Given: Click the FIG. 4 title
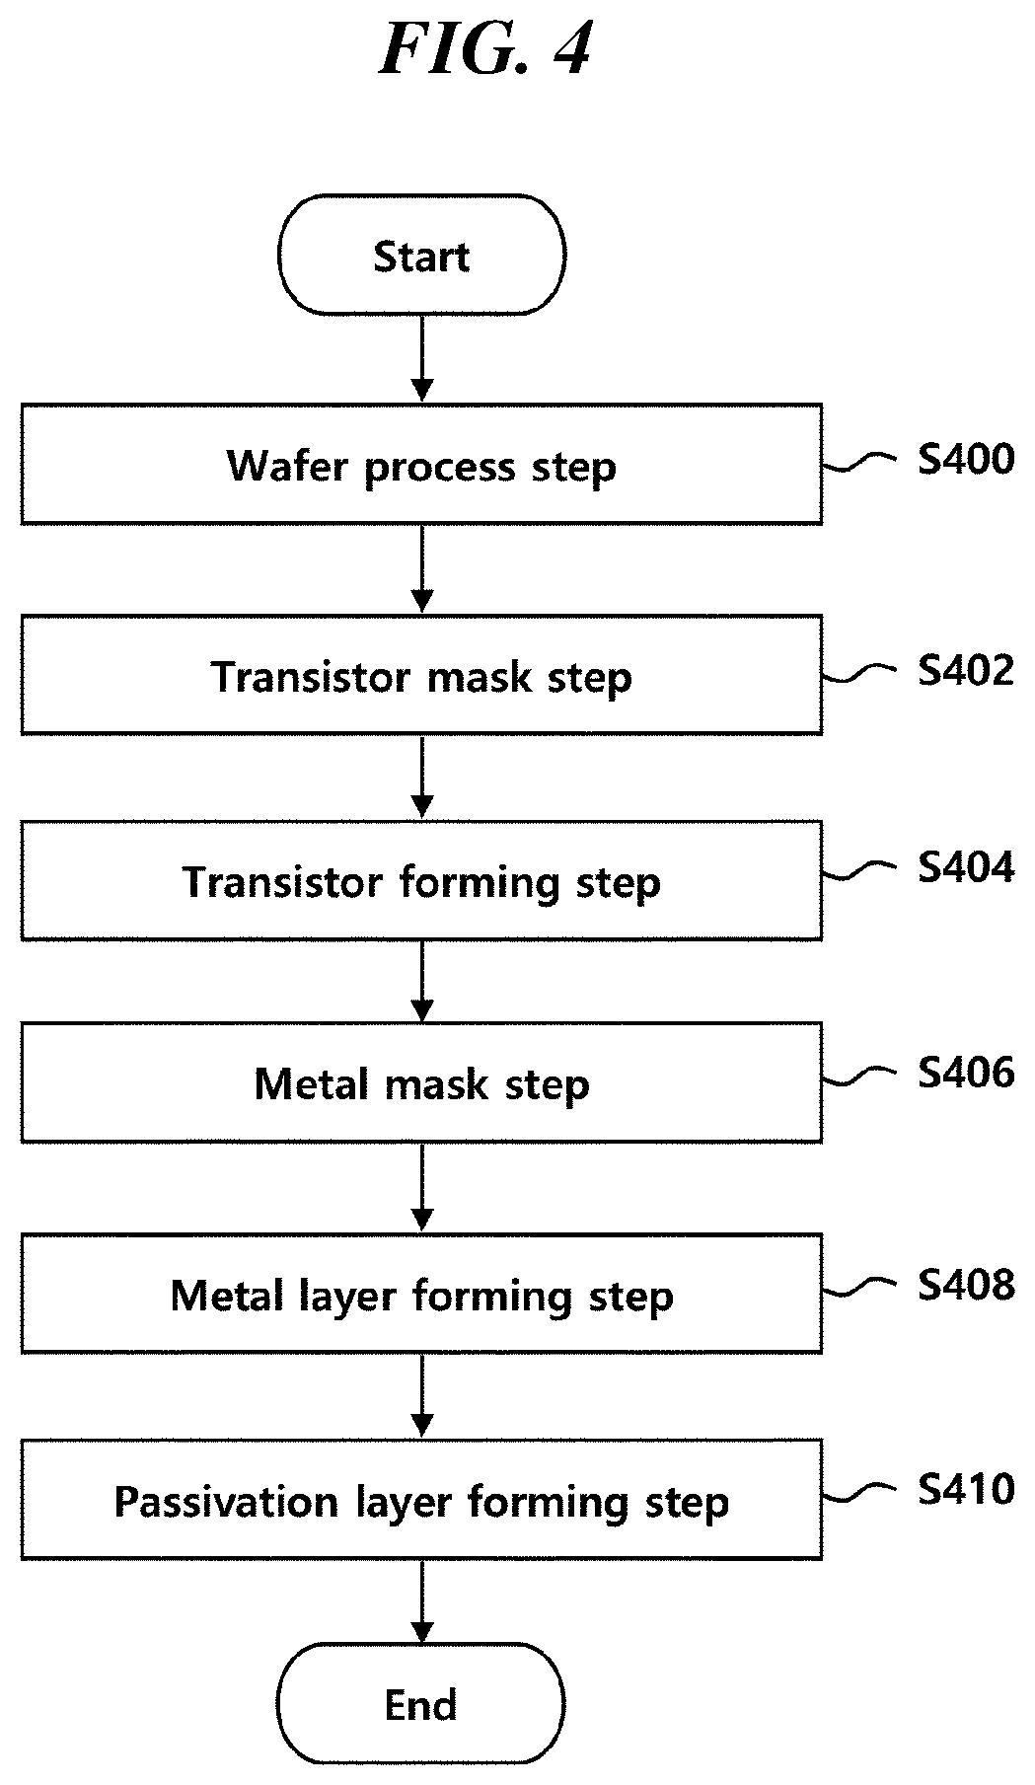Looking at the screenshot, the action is [484, 50].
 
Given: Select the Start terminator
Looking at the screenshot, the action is [421, 255].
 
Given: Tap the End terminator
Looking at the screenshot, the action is [421, 1704].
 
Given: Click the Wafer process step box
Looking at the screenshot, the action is [421, 464].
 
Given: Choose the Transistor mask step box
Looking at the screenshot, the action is [421, 675].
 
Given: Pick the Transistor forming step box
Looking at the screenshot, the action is [421, 880].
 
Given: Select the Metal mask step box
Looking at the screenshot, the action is [421, 1082].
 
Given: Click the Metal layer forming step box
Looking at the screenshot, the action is [421, 1293].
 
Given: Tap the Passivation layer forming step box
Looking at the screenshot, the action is [421, 1500].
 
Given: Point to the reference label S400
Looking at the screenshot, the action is [966, 460].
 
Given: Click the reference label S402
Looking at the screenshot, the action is [966, 671].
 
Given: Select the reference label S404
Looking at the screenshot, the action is [966, 867].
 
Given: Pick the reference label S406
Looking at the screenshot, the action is [966, 1073].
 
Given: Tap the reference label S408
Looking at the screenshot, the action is [966, 1284].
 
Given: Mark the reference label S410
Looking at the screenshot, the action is [966, 1489].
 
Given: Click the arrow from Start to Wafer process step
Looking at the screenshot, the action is [421, 358].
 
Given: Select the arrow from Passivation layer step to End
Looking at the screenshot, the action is [421, 1601].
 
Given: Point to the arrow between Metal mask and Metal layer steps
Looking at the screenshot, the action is [421, 1188].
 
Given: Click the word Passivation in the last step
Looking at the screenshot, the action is [226, 1502].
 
